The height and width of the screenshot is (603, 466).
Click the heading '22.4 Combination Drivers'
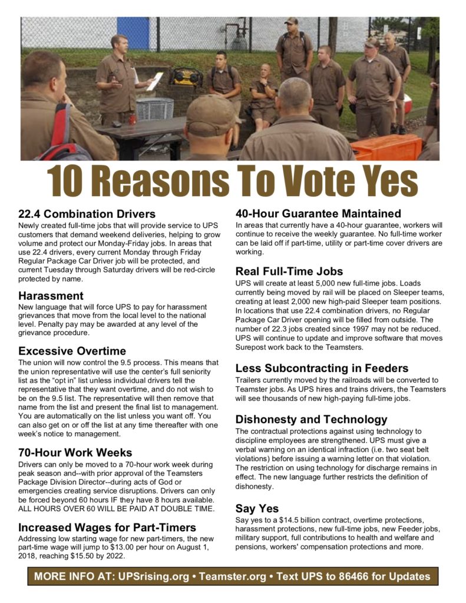(87, 214)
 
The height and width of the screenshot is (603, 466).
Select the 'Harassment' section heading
(51, 296)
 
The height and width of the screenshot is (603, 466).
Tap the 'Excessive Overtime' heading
(72, 351)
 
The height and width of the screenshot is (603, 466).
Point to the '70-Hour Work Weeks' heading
(75, 452)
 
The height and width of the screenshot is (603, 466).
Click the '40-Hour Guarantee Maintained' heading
(318, 213)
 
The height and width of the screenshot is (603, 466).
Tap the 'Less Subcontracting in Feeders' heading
(322, 368)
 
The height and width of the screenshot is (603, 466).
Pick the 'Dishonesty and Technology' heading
(311, 419)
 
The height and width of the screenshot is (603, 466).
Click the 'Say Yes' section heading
(257, 508)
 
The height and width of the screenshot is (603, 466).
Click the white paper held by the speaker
(156, 81)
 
